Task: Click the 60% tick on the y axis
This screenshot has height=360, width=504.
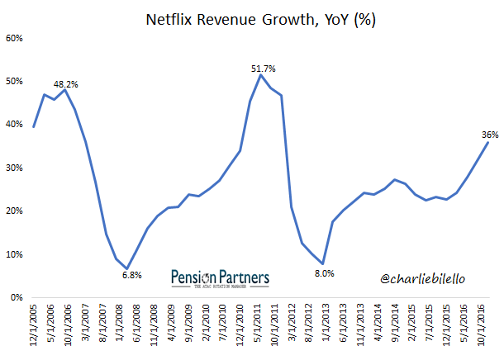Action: [x=16, y=38]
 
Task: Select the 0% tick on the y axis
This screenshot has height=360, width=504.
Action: [x=18, y=297]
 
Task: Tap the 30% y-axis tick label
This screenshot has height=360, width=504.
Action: [x=16, y=168]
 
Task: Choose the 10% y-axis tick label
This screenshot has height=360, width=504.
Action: [x=16, y=254]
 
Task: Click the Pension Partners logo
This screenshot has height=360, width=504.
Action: [x=221, y=277]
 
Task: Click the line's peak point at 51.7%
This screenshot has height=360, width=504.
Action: [x=261, y=75]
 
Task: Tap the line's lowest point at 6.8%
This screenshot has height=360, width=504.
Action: [x=127, y=268]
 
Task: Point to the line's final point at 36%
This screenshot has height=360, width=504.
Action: [x=487, y=142]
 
